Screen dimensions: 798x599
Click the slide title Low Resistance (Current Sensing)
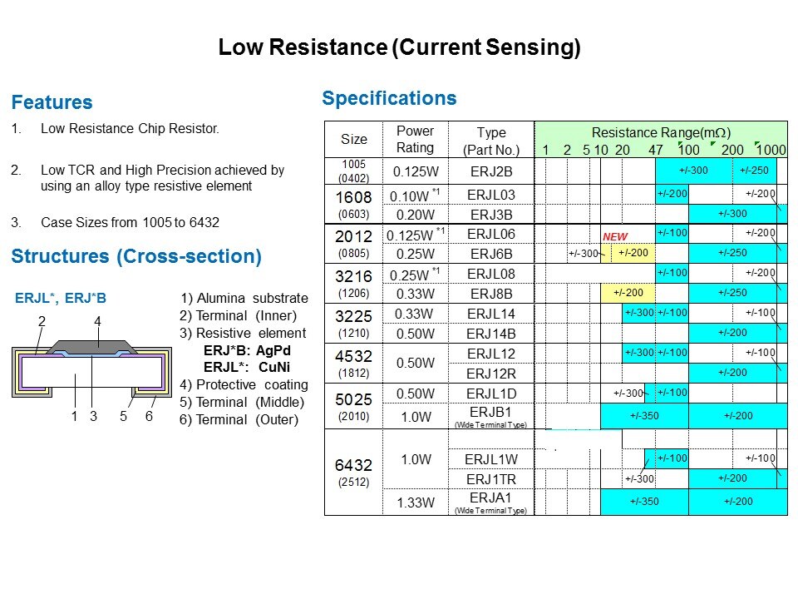coord(400,47)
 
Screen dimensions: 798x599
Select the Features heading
coord(52,101)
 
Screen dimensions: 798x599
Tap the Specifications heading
coord(389,98)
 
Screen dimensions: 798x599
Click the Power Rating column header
coord(416,139)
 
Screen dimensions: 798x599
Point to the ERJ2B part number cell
coord(491,171)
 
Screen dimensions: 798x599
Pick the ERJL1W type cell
coord(491,459)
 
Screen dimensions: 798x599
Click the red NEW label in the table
coord(615,237)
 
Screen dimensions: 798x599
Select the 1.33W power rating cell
coord(416,502)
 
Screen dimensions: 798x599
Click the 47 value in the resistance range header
coord(656,150)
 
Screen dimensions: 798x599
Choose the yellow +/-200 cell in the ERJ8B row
coord(628,293)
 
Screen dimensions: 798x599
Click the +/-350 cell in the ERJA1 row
coord(644,501)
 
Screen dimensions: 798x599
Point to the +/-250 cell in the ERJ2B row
coord(754,171)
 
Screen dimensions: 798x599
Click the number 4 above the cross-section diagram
coord(98,321)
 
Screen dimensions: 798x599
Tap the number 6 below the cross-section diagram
coord(149,416)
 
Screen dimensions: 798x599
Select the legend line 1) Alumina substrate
coord(244,298)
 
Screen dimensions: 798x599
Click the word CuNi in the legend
coord(273,367)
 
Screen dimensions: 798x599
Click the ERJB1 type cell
coord(490,412)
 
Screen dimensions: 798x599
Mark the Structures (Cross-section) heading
coord(136,256)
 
